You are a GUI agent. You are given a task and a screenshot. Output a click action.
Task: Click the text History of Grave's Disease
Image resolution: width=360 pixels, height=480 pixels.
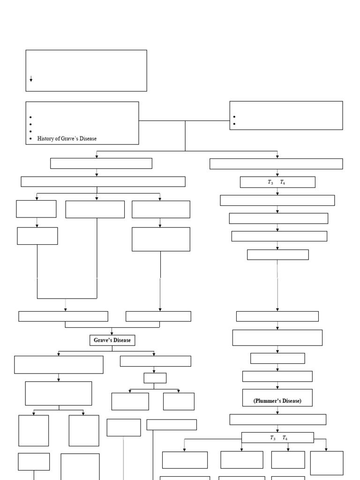[67, 139]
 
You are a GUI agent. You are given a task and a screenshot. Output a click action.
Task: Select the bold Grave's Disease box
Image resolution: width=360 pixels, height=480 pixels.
[112, 340]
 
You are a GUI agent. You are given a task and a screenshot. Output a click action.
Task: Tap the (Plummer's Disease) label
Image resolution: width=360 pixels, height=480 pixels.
[277, 401]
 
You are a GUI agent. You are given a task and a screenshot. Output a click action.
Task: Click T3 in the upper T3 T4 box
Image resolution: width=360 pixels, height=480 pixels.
[271, 183]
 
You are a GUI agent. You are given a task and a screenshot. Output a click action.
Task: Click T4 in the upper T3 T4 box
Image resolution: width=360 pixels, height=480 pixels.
[283, 183]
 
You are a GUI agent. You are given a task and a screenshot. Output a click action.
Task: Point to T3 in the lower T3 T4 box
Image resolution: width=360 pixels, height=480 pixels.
[273, 438]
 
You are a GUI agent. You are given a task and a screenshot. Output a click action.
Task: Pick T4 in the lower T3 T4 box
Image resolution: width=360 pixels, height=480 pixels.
[285, 438]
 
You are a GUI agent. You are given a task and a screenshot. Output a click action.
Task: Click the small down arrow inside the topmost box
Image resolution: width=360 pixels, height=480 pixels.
[31, 80]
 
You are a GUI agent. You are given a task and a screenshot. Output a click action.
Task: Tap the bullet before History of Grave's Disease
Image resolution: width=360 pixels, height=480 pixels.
[30, 139]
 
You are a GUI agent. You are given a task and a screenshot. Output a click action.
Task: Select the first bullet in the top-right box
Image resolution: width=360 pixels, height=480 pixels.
[234, 117]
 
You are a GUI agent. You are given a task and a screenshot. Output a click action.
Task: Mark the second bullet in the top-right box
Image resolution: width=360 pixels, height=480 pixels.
[234, 124]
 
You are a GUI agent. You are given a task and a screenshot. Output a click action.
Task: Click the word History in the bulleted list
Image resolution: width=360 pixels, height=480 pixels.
[45, 139]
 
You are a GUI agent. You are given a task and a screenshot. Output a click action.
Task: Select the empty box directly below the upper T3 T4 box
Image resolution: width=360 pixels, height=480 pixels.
[277, 200]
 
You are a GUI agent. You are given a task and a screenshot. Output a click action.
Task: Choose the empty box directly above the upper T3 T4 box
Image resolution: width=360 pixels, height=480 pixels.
[276, 164]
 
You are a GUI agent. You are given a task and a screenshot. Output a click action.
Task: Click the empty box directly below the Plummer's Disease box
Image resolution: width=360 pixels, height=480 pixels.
[277, 419]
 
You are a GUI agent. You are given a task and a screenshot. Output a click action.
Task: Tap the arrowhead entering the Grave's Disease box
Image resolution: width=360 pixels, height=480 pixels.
[112, 333]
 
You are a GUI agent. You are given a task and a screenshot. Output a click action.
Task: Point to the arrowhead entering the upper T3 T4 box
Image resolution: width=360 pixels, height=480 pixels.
[277, 174]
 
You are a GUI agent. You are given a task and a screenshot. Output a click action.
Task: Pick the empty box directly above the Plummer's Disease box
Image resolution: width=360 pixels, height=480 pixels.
[277, 376]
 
